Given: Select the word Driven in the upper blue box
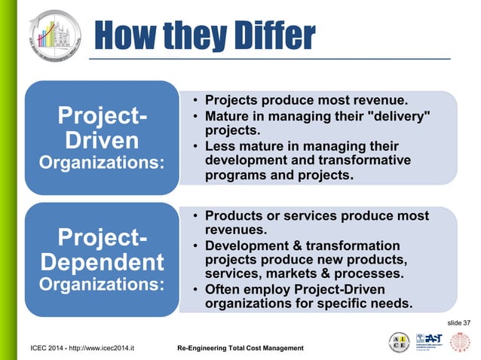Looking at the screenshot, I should (x=102, y=141).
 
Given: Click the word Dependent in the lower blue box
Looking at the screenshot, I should (x=102, y=263).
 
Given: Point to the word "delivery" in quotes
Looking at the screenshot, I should (x=398, y=114).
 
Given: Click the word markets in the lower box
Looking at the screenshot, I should (x=284, y=275).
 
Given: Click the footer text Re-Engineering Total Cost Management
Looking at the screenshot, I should (x=240, y=348).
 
